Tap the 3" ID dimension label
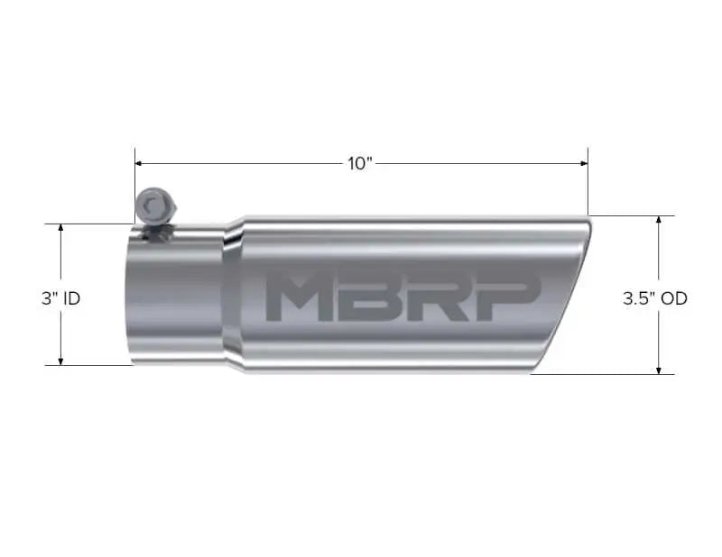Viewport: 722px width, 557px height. click(x=60, y=297)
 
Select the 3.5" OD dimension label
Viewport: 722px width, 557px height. click(x=654, y=297)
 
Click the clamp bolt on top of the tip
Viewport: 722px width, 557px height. click(x=152, y=206)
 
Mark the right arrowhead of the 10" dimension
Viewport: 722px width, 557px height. click(x=583, y=163)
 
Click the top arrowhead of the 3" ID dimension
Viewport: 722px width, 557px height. click(x=60, y=228)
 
